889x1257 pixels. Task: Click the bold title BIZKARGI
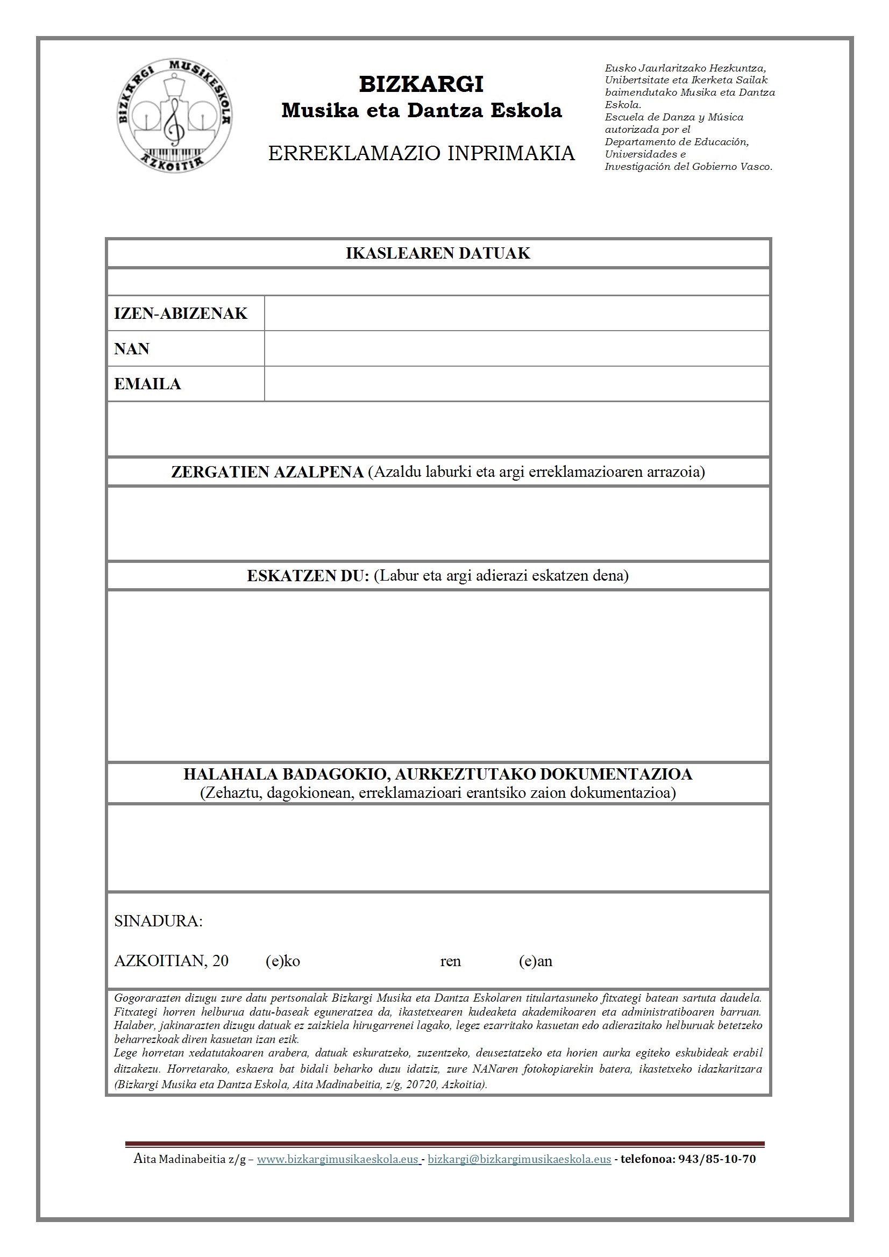tap(421, 84)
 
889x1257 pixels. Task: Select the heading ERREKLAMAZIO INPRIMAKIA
tap(421, 153)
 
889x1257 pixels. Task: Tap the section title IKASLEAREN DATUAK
tap(438, 253)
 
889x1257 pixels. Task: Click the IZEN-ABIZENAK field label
tap(180, 313)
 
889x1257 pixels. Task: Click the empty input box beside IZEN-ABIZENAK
tap(516, 313)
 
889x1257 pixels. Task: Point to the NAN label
tap(131, 349)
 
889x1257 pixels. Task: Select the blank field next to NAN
tap(516, 349)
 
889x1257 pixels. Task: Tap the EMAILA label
tap(147, 384)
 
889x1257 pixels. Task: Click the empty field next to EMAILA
tap(516, 384)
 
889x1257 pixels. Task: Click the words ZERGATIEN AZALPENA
tap(267, 472)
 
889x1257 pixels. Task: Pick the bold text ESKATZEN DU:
tap(308, 576)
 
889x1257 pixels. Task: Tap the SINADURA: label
tap(158, 922)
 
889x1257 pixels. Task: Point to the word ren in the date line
tap(450, 961)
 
